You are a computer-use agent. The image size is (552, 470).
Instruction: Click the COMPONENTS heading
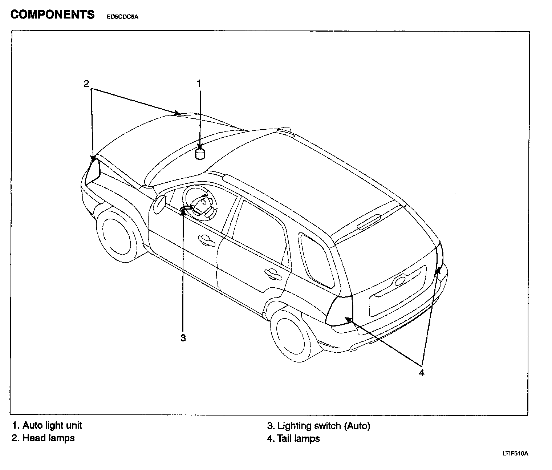point(52,15)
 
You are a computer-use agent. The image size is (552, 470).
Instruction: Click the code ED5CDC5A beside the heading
point(122,16)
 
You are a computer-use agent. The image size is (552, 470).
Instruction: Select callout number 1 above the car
point(199,84)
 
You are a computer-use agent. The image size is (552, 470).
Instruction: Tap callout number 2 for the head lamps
point(86,84)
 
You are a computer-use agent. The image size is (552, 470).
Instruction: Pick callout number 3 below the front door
point(183,338)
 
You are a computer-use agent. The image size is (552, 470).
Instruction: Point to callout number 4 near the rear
point(421,373)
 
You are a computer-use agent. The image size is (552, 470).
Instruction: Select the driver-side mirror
point(160,203)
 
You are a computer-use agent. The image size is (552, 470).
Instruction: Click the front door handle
point(206,240)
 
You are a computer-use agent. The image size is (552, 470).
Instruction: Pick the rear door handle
point(273,273)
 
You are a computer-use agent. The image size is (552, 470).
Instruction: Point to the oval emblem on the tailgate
point(399,280)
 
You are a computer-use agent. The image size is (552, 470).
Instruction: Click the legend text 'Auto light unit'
point(52,425)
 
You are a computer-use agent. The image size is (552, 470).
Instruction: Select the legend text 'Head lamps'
point(48,438)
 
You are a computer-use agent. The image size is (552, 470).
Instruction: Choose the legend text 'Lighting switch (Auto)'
point(324,426)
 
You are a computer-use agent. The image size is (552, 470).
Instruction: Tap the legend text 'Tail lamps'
point(298,439)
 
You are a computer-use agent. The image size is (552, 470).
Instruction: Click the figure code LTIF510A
point(515,453)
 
